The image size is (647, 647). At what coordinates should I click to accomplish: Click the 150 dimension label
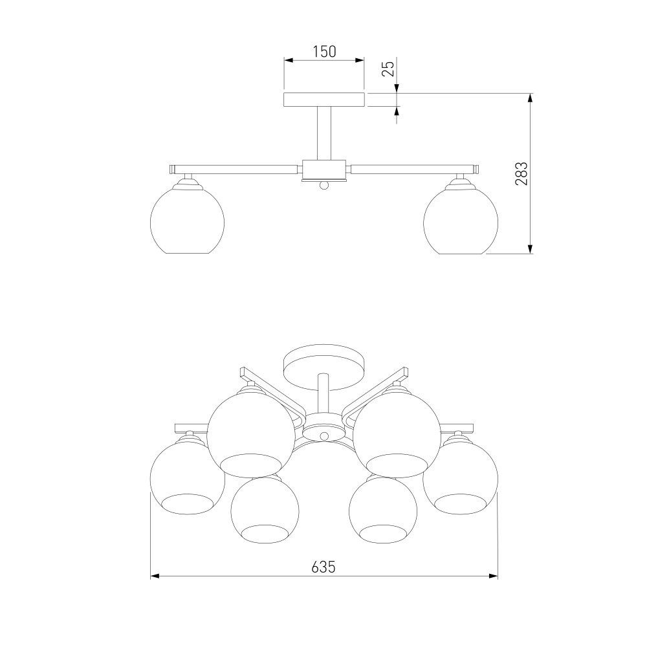[324, 52]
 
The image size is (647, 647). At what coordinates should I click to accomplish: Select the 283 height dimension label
[521, 173]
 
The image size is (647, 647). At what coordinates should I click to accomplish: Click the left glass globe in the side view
[188, 221]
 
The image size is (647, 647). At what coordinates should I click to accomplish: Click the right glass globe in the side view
[461, 221]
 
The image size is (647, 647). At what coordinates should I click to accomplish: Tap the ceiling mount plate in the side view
[324, 100]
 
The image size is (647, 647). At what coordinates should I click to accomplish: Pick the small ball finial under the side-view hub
[324, 186]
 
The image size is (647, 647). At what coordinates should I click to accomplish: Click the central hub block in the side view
[324, 168]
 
